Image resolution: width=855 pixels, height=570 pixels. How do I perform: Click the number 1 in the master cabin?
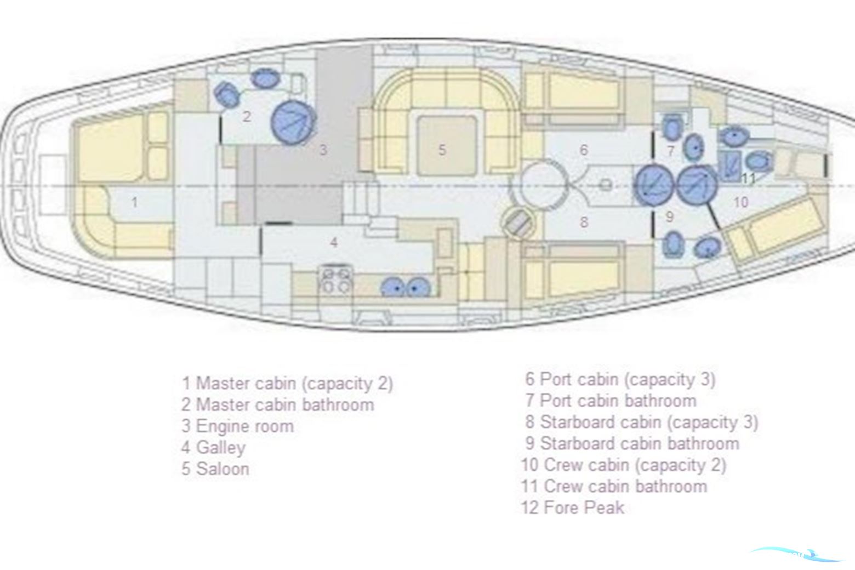tap(134, 202)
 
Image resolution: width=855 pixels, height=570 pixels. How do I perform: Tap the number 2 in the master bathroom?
tap(247, 116)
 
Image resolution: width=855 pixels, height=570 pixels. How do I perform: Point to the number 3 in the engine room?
tap(323, 150)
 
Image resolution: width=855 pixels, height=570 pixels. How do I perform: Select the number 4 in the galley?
tap(334, 242)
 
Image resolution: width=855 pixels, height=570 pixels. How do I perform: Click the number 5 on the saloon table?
tap(442, 150)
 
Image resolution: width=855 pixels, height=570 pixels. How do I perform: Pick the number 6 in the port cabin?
tap(584, 150)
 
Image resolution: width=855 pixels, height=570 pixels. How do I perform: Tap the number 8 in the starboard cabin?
tap(584, 222)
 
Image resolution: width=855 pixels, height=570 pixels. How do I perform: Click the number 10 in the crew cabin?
tap(741, 202)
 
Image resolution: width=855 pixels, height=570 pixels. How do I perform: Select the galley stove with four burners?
tap(336, 280)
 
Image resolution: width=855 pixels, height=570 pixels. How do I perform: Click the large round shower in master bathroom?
tap(293, 122)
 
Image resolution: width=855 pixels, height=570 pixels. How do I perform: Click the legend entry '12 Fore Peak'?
tap(573, 508)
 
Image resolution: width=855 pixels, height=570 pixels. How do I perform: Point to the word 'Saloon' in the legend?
tap(223, 469)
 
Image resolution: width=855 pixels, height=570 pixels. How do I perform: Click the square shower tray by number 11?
tap(729, 166)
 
